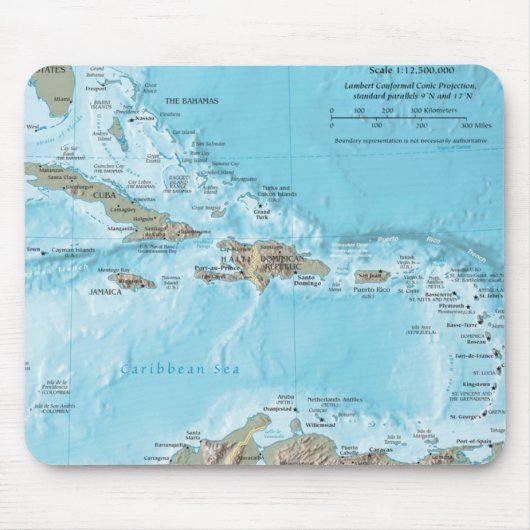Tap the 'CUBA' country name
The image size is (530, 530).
tap(104, 195)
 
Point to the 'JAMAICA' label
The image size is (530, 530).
tap(105, 293)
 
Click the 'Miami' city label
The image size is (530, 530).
tap(62, 100)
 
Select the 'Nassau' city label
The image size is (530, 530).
tap(146, 118)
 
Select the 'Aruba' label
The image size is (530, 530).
tap(285, 398)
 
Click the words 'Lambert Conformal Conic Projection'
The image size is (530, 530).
tap(410, 85)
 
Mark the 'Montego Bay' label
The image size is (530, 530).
tap(113, 270)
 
